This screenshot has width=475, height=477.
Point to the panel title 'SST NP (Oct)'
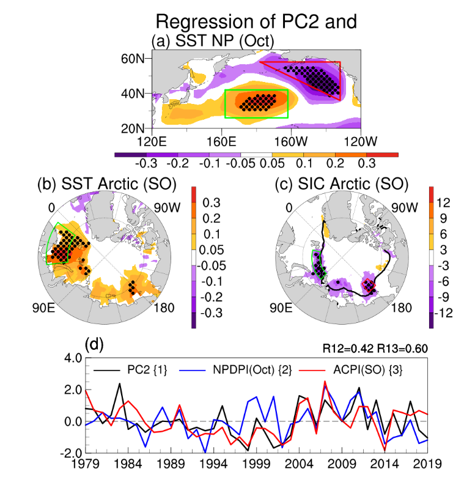(x=221, y=40)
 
